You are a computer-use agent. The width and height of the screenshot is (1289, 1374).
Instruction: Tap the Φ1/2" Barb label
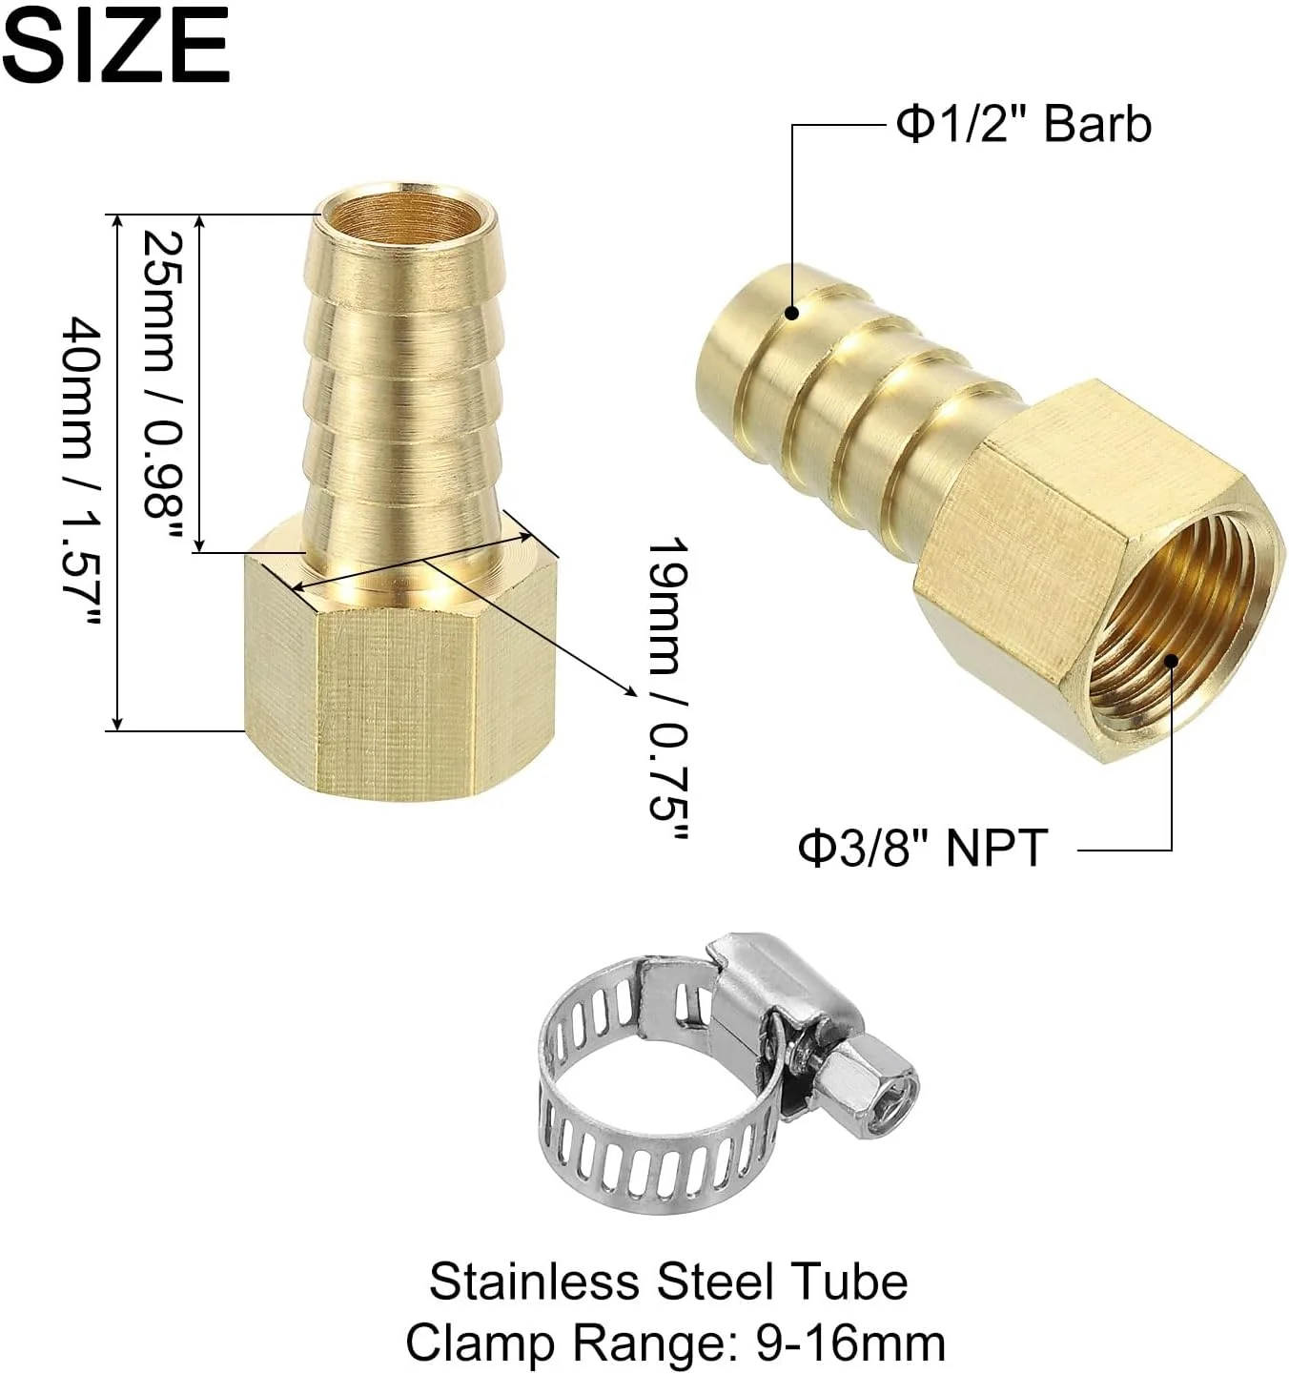pyautogui.click(x=1023, y=125)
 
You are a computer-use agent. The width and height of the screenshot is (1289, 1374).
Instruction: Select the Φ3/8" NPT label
pyautogui.click(x=923, y=849)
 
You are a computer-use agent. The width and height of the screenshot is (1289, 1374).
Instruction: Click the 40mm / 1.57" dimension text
pyautogui.click(x=82, y=471)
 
